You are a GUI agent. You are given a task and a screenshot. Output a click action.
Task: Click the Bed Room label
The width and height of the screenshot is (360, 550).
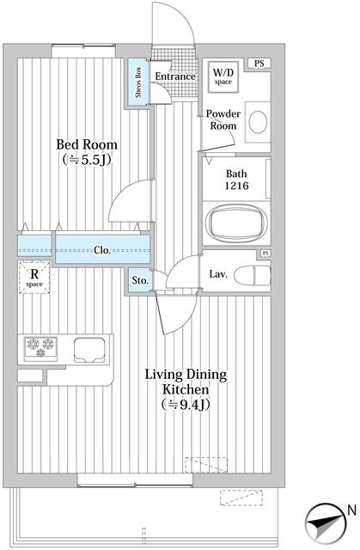(87, 144)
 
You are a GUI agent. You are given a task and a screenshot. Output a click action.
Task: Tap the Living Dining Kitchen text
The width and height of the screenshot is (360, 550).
(186, 382)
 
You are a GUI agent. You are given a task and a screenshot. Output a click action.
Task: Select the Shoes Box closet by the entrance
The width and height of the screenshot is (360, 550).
(138, 82)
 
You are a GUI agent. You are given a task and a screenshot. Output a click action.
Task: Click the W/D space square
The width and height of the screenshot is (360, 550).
(223, 76)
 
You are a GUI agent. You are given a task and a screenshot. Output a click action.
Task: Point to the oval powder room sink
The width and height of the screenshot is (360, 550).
(258, 122)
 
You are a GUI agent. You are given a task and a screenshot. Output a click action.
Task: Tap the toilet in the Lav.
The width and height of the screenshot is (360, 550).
(253, 276)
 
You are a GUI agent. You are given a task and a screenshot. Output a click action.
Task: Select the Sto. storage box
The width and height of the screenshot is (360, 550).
(140, 280)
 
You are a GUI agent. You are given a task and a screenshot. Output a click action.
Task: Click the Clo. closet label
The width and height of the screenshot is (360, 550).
(102, 250)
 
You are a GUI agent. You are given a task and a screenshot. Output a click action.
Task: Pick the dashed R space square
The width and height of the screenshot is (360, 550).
(34, 278)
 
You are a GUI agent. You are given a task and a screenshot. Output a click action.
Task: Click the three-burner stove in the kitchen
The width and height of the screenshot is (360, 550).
(40, 349)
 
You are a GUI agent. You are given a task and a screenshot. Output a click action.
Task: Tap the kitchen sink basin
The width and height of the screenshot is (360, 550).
(89, 350)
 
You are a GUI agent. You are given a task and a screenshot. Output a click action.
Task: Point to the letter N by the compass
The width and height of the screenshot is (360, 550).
(351, 510)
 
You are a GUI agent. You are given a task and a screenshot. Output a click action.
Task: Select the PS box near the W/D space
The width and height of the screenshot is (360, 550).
(259, 64)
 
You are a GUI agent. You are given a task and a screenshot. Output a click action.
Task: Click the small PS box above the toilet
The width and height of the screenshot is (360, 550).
(265, 253)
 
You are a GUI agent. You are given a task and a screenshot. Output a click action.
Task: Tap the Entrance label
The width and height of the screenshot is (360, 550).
(175, 76)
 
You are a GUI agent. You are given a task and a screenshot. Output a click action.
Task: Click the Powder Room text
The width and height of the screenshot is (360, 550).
(223, 119)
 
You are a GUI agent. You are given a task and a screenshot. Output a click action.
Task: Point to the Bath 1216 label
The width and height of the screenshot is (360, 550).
(236, 180)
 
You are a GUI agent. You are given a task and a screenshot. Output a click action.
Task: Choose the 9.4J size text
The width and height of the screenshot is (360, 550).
(186, 405)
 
